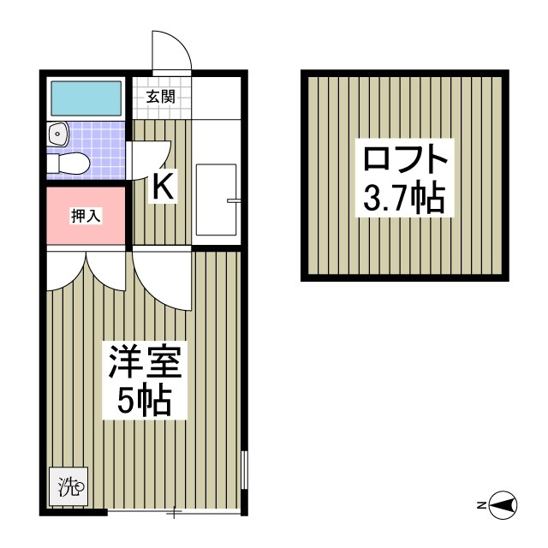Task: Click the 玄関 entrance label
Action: (x=160, y=96)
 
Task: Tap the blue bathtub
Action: (x=86, y=99)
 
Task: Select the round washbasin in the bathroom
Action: (x=58, y=133)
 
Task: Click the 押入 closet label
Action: (x=86, y=216)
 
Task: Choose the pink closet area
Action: (x=86, y=227)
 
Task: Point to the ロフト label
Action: (x=404, y=160)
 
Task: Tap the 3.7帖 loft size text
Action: (x=404, y=199)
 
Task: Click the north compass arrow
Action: (x=506, y=506)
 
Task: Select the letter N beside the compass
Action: (x=482, y=506)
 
